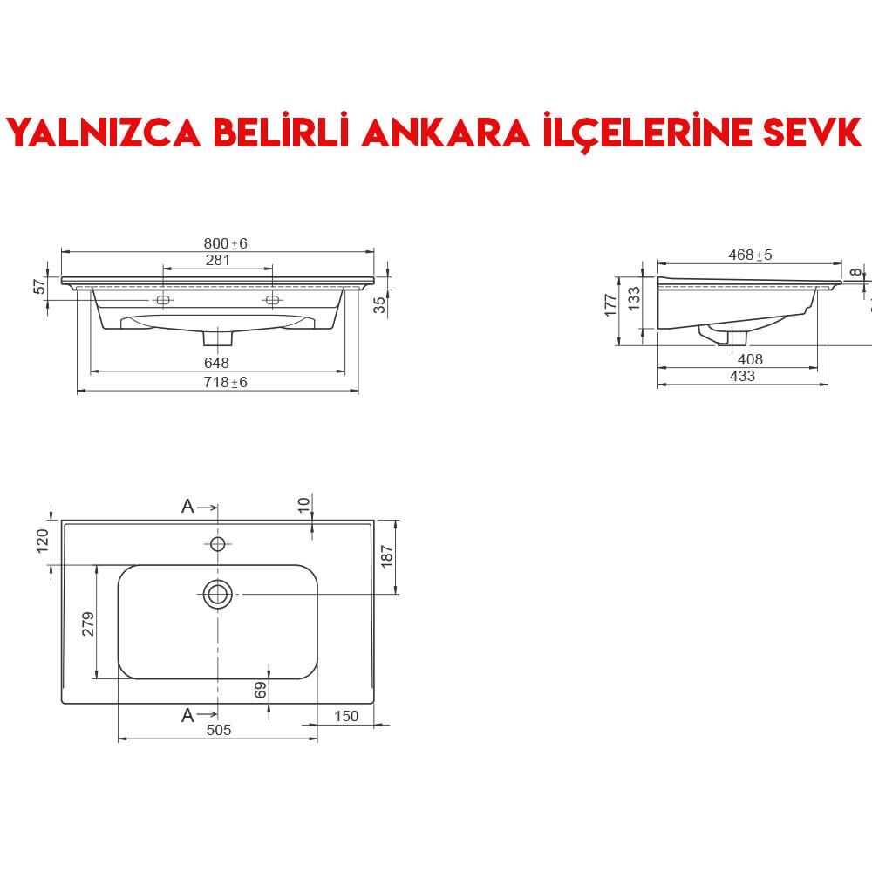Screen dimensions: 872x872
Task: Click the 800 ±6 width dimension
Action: click(x=226, y=243)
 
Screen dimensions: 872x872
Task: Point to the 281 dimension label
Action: click(x=217, y=260)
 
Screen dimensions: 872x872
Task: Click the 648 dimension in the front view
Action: click(x=216, y=363)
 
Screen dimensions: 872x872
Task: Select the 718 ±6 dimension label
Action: click(x=226, y=382)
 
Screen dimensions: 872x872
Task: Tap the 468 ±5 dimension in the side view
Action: click(x=750, y=255)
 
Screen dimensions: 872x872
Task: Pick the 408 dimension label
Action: click(x=750, y=359)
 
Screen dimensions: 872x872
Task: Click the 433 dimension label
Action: click(x=742, y=376)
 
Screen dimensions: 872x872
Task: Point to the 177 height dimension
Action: click(x=610, y=303)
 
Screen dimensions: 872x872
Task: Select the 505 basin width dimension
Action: click(x=219, y=730)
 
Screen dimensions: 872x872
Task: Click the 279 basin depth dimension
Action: click(x=88, y=623)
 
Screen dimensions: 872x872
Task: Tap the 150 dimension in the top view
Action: click(x=346, y=716)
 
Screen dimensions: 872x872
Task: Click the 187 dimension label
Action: click(x=388, y=556)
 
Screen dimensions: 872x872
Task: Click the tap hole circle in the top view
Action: click(x=218, y=544)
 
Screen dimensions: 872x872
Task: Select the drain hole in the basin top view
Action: click(x=218, y=594)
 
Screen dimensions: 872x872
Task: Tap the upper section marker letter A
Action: click(x=187, y=506)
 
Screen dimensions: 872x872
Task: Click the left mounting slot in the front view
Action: click(x=162, y=300)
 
